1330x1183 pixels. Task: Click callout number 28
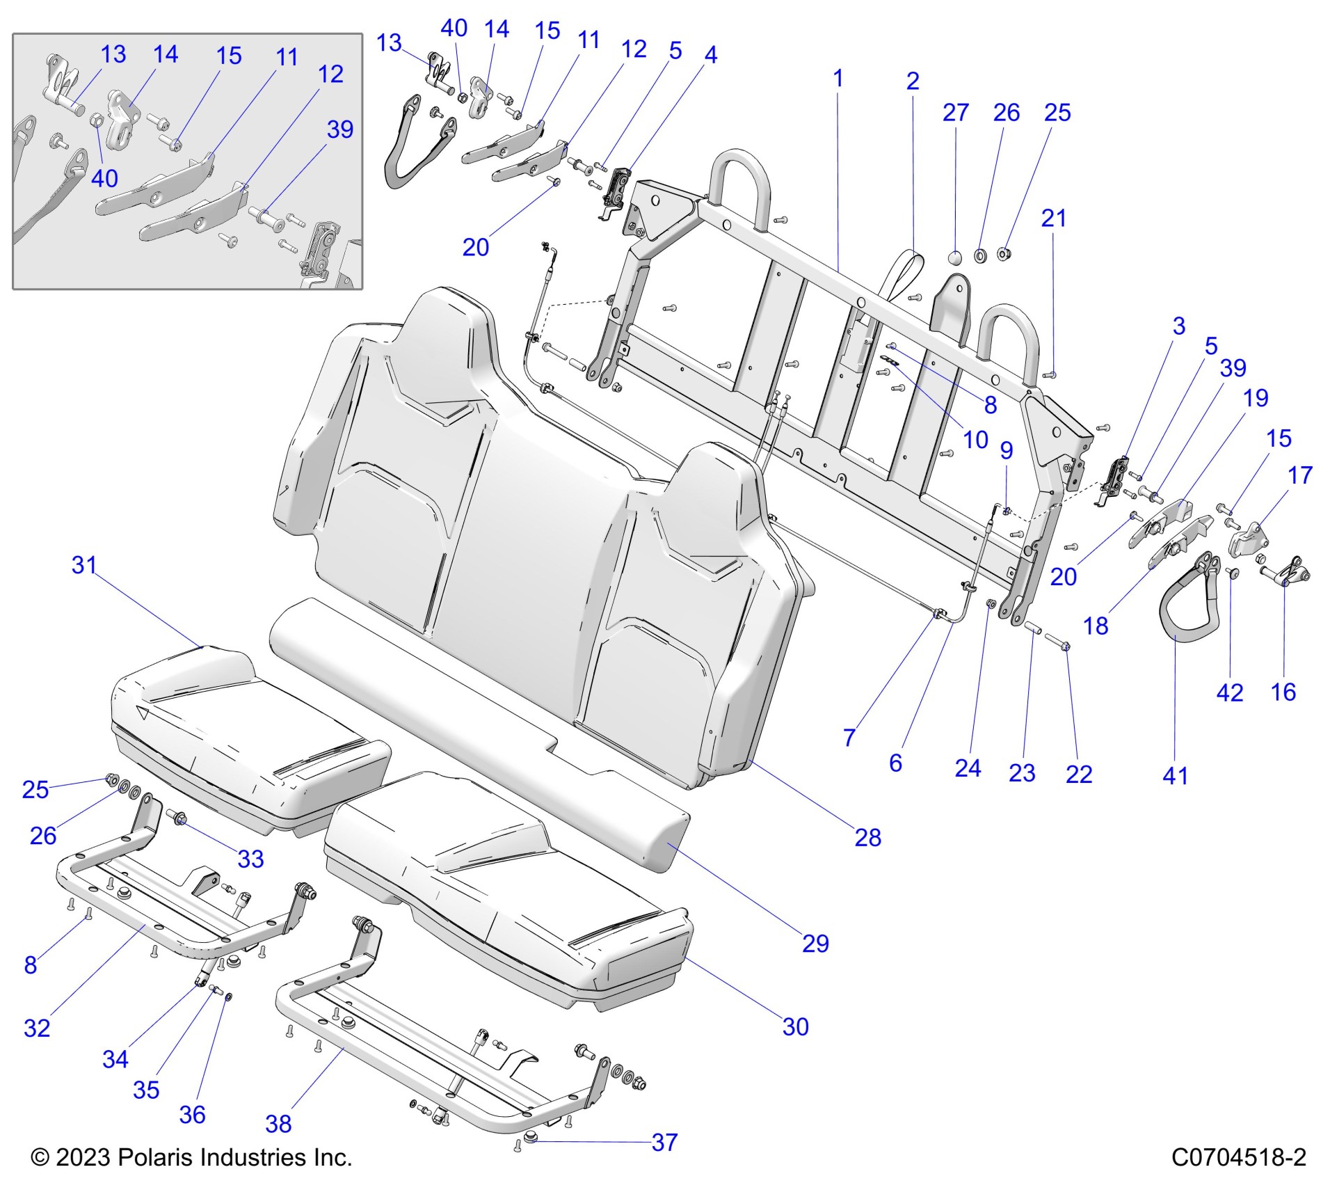pos(867,837)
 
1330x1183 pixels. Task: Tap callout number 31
pos(84,565)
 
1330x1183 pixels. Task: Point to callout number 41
pos(1175,775)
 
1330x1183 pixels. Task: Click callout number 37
pos(664,1142)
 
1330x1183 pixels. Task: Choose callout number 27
pos(956,113)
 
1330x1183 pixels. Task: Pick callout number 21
pos(1053,219)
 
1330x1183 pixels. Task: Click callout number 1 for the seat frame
pos(838,78)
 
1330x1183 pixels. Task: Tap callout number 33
pos(250,859)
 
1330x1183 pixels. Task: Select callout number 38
pos(278,1124)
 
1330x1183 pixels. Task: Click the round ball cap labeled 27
pos(956,258)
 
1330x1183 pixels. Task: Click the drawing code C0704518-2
pos(1239,1157)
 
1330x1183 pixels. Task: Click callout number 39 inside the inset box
pos(340,129)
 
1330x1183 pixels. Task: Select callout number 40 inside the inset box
pos(104,178)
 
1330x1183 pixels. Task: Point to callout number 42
pos(1229,692)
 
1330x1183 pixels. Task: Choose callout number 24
pos(968,768)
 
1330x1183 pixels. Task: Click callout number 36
pos(192,1114)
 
